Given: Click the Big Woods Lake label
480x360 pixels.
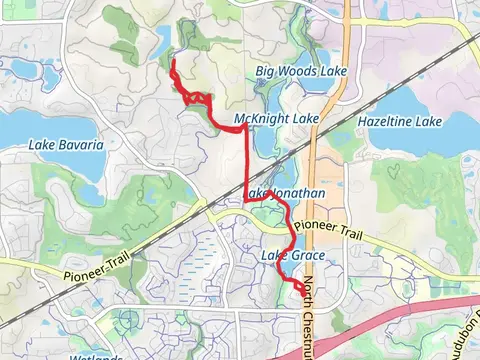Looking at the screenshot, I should [287, 71].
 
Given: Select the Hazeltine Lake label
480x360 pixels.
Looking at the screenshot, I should [399, 121].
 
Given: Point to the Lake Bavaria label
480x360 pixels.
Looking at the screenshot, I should [66, 145].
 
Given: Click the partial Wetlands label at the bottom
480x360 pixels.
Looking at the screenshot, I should [96, 355].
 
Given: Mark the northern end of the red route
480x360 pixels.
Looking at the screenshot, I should [174, 63].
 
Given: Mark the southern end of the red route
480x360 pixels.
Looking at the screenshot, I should [300, 291].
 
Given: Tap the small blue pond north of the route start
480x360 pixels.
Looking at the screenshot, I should [162, 43].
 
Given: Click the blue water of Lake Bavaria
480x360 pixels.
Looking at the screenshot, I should [25, 128].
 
